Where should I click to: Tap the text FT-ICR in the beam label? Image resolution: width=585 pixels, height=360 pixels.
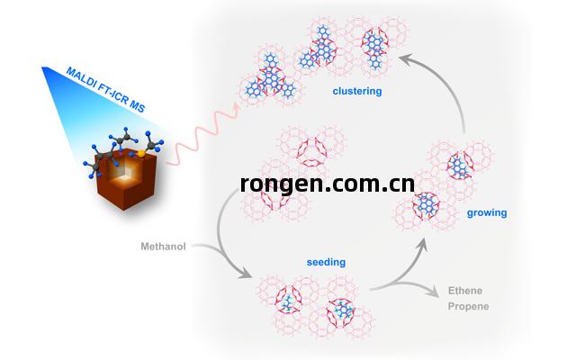[115, 94]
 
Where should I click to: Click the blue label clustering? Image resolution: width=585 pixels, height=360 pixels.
[357, 91]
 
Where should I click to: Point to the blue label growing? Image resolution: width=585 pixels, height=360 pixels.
[487, 213]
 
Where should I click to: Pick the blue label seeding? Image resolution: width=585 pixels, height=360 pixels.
[325, 263]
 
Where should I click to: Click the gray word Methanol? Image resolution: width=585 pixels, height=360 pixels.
[163, 246]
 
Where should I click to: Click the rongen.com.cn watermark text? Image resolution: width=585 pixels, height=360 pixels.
[328, 184]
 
